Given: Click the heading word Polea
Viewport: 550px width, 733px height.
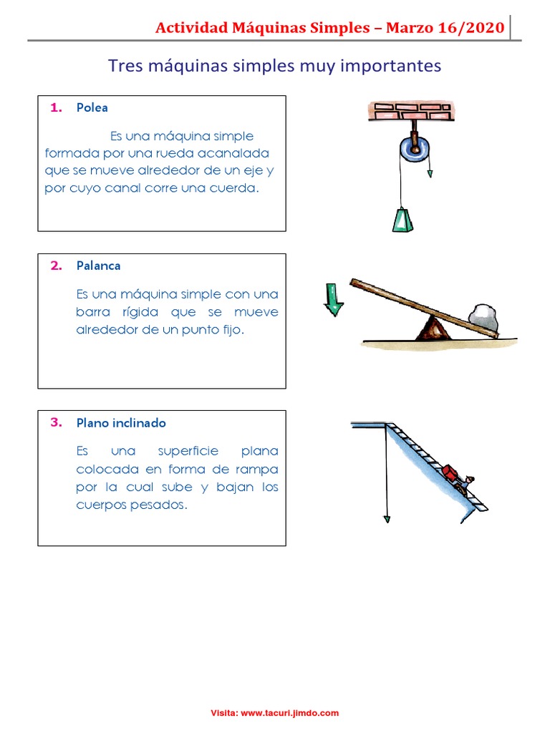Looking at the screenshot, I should (x=92, y=108).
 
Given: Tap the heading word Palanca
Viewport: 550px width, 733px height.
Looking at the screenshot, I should (x=98, y=266).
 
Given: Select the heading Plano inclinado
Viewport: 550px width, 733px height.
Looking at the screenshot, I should (x=121, y=423).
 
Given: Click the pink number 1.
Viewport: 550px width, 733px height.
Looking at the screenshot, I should (x=56, y=108).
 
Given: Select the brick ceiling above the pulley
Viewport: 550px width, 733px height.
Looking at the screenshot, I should (x=409, y=111).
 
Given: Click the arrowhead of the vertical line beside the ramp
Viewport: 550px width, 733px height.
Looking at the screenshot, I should (x=387, y=520).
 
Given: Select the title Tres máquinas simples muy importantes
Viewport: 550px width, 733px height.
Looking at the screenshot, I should (x=274, y=66).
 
